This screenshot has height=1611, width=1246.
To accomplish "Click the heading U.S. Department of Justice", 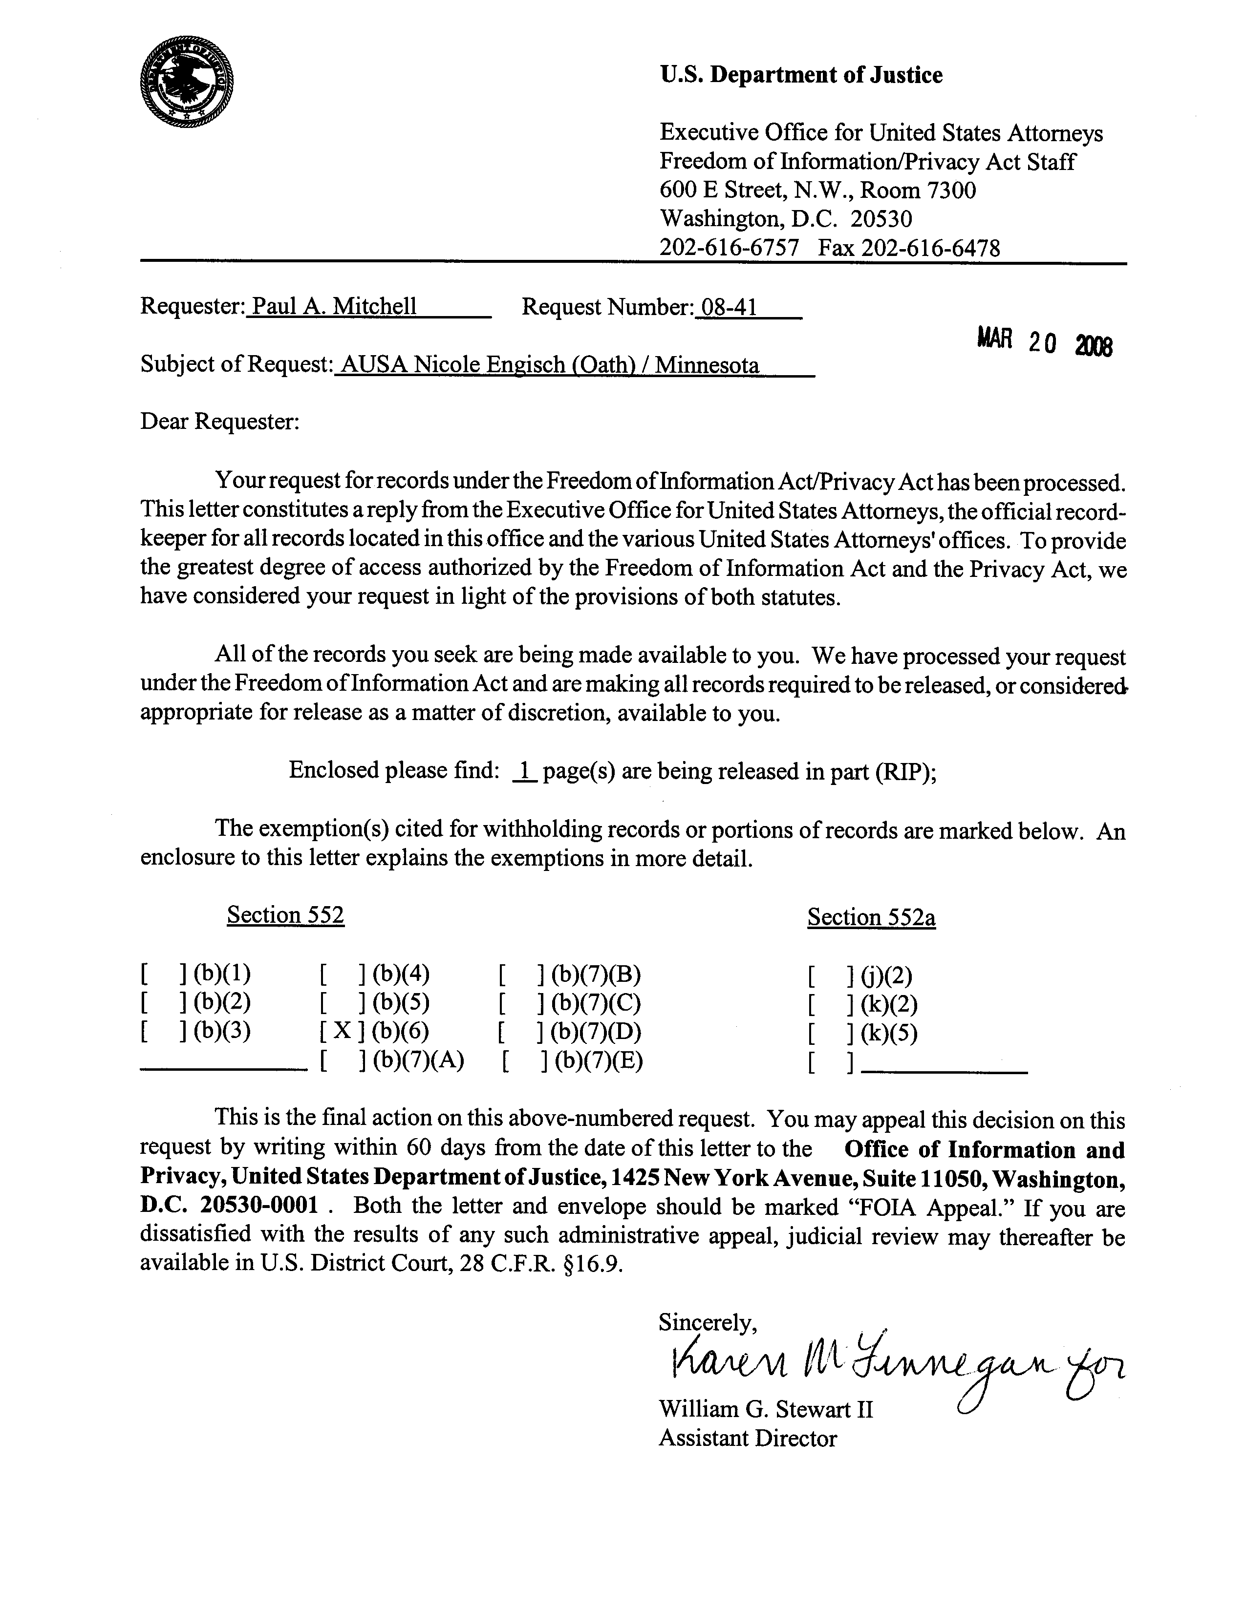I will pyautogui.click(x=800, y=75).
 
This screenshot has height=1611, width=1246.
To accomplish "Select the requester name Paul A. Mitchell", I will pyautogui.click(x=333, y=306).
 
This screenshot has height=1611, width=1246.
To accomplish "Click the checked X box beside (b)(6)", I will pyautogui.click(x=343, y=1031).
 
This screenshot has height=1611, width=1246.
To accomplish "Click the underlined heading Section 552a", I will pyautogui.click(x=871, y=918).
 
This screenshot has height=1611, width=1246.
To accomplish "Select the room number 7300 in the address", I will pyautogui.click(x=951, y=191).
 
